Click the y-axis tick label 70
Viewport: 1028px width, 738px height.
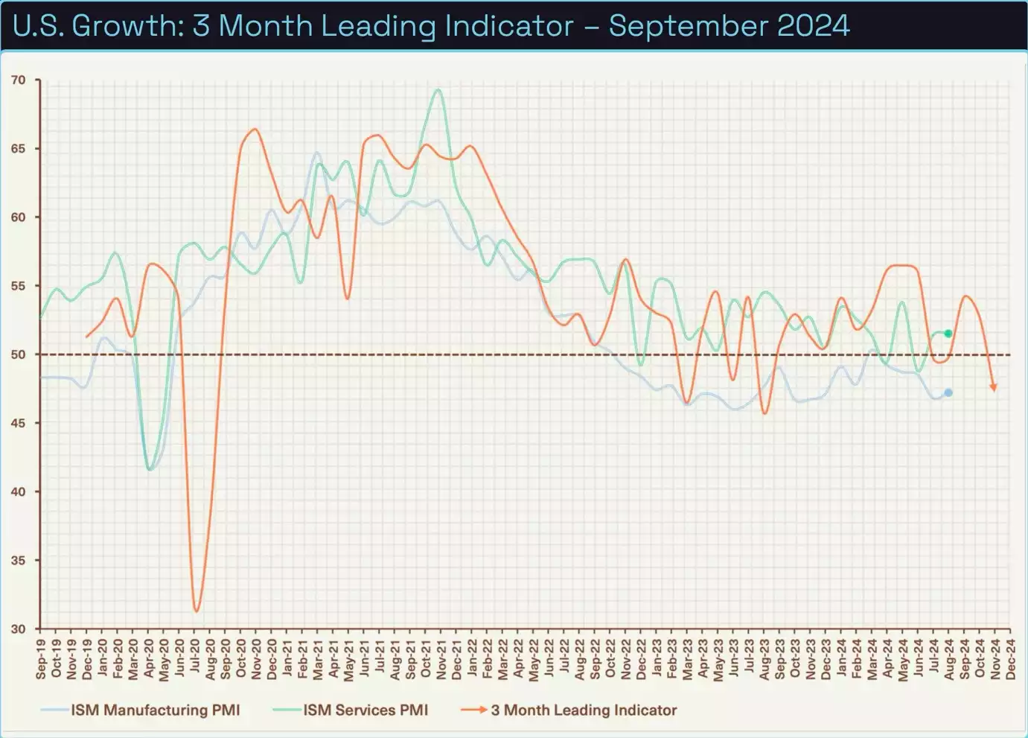[18, 80]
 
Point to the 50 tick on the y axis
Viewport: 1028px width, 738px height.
[18, 354]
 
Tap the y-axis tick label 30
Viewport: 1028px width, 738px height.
[18, 629]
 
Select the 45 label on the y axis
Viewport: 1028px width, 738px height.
[18, 423]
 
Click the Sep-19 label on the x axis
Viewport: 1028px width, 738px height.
[41, 659]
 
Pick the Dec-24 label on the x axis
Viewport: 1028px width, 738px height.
[1010, 659]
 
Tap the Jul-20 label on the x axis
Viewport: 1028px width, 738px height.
[195, 659]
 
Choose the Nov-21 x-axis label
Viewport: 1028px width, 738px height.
[441, 659]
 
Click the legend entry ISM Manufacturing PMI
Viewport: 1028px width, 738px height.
[155, 710]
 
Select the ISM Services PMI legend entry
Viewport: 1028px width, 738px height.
[365, 710]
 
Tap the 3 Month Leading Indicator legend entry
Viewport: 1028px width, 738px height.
[584, 710]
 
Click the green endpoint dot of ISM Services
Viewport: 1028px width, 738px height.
[948, 334]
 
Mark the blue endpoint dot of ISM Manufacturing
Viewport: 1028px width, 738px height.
[948, 392]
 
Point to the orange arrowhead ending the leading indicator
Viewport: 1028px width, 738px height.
[993, 387]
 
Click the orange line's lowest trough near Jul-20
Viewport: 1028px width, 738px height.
[197, 611]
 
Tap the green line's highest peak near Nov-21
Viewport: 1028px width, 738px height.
[438, 90]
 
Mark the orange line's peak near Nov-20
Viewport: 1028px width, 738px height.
[255, 130]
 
